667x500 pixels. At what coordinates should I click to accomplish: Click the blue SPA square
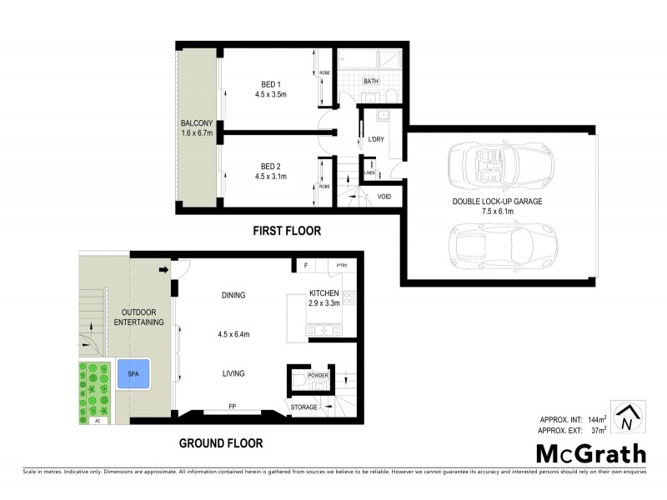point(133,374)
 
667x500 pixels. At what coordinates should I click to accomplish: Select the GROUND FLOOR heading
point(223,442)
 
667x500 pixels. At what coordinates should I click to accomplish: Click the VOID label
point(384,197)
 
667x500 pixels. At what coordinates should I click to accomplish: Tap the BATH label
point(372,81)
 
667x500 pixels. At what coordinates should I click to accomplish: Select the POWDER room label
point(318,376)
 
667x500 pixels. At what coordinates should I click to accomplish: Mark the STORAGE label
point(303,407)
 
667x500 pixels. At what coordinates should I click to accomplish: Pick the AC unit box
point(97,421)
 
